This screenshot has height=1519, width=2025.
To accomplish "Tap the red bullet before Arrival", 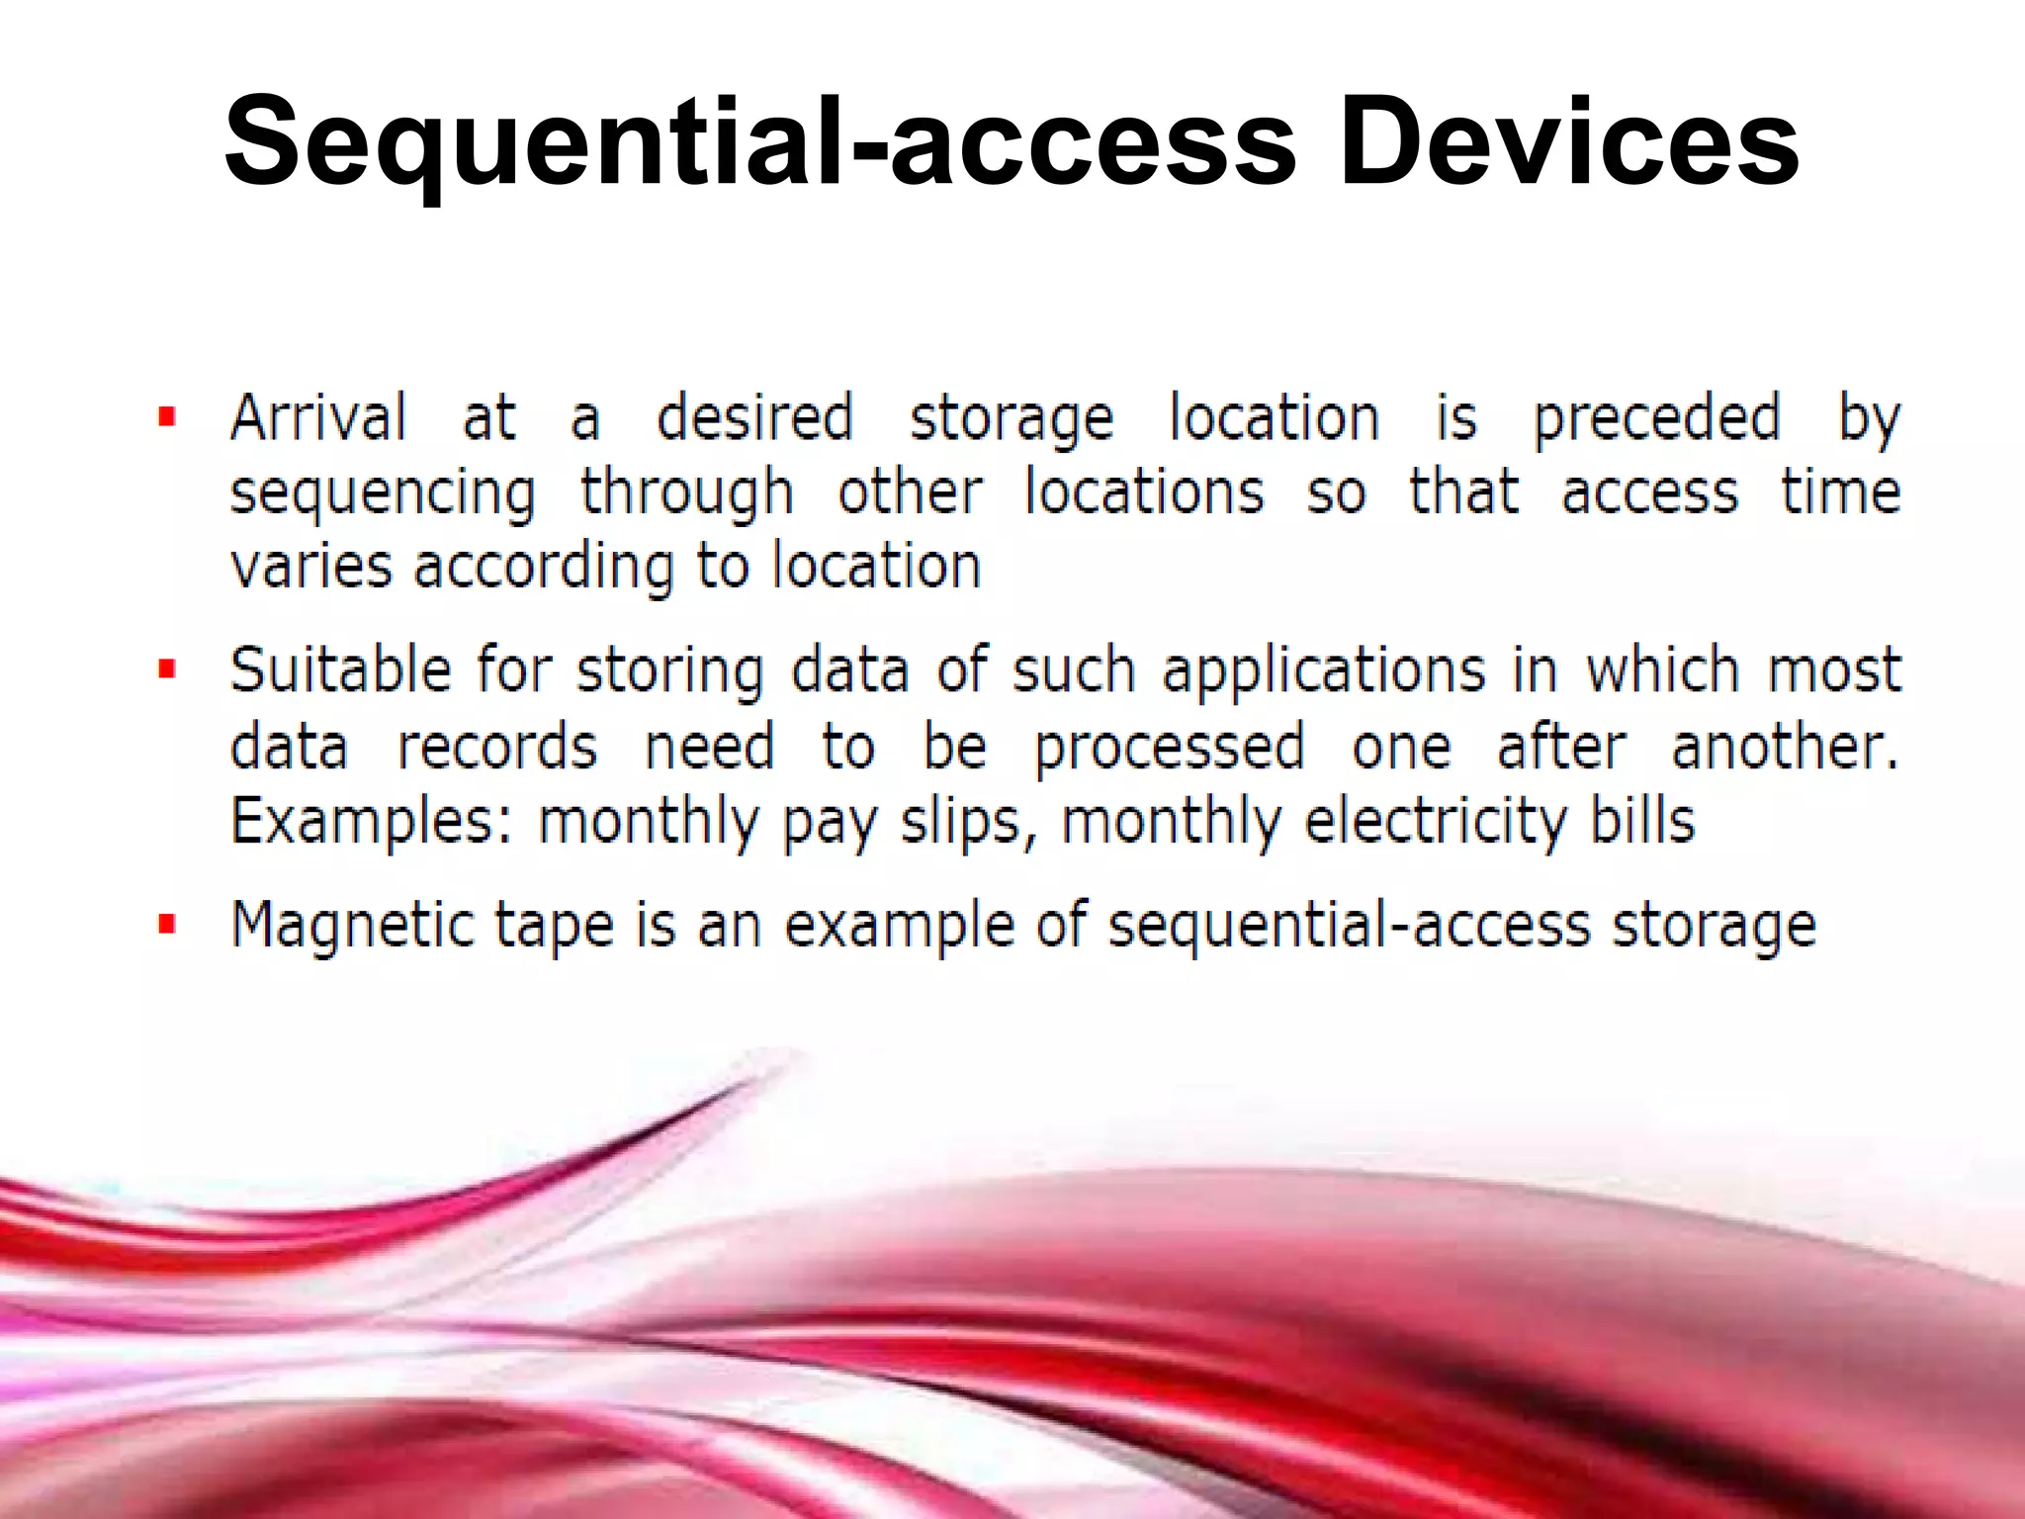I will (167, 417).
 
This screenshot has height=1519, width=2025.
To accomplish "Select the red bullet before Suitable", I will (167, 670).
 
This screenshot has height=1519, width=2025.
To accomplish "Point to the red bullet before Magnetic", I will (167, 925).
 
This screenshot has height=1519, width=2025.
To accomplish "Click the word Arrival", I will (317, 417).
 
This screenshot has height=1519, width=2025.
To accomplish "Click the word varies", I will (309, 568).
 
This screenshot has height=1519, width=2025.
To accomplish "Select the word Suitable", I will (340, 670).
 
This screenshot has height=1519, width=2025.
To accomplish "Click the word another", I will (1784, 747).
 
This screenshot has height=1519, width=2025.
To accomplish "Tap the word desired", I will (754, 417).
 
